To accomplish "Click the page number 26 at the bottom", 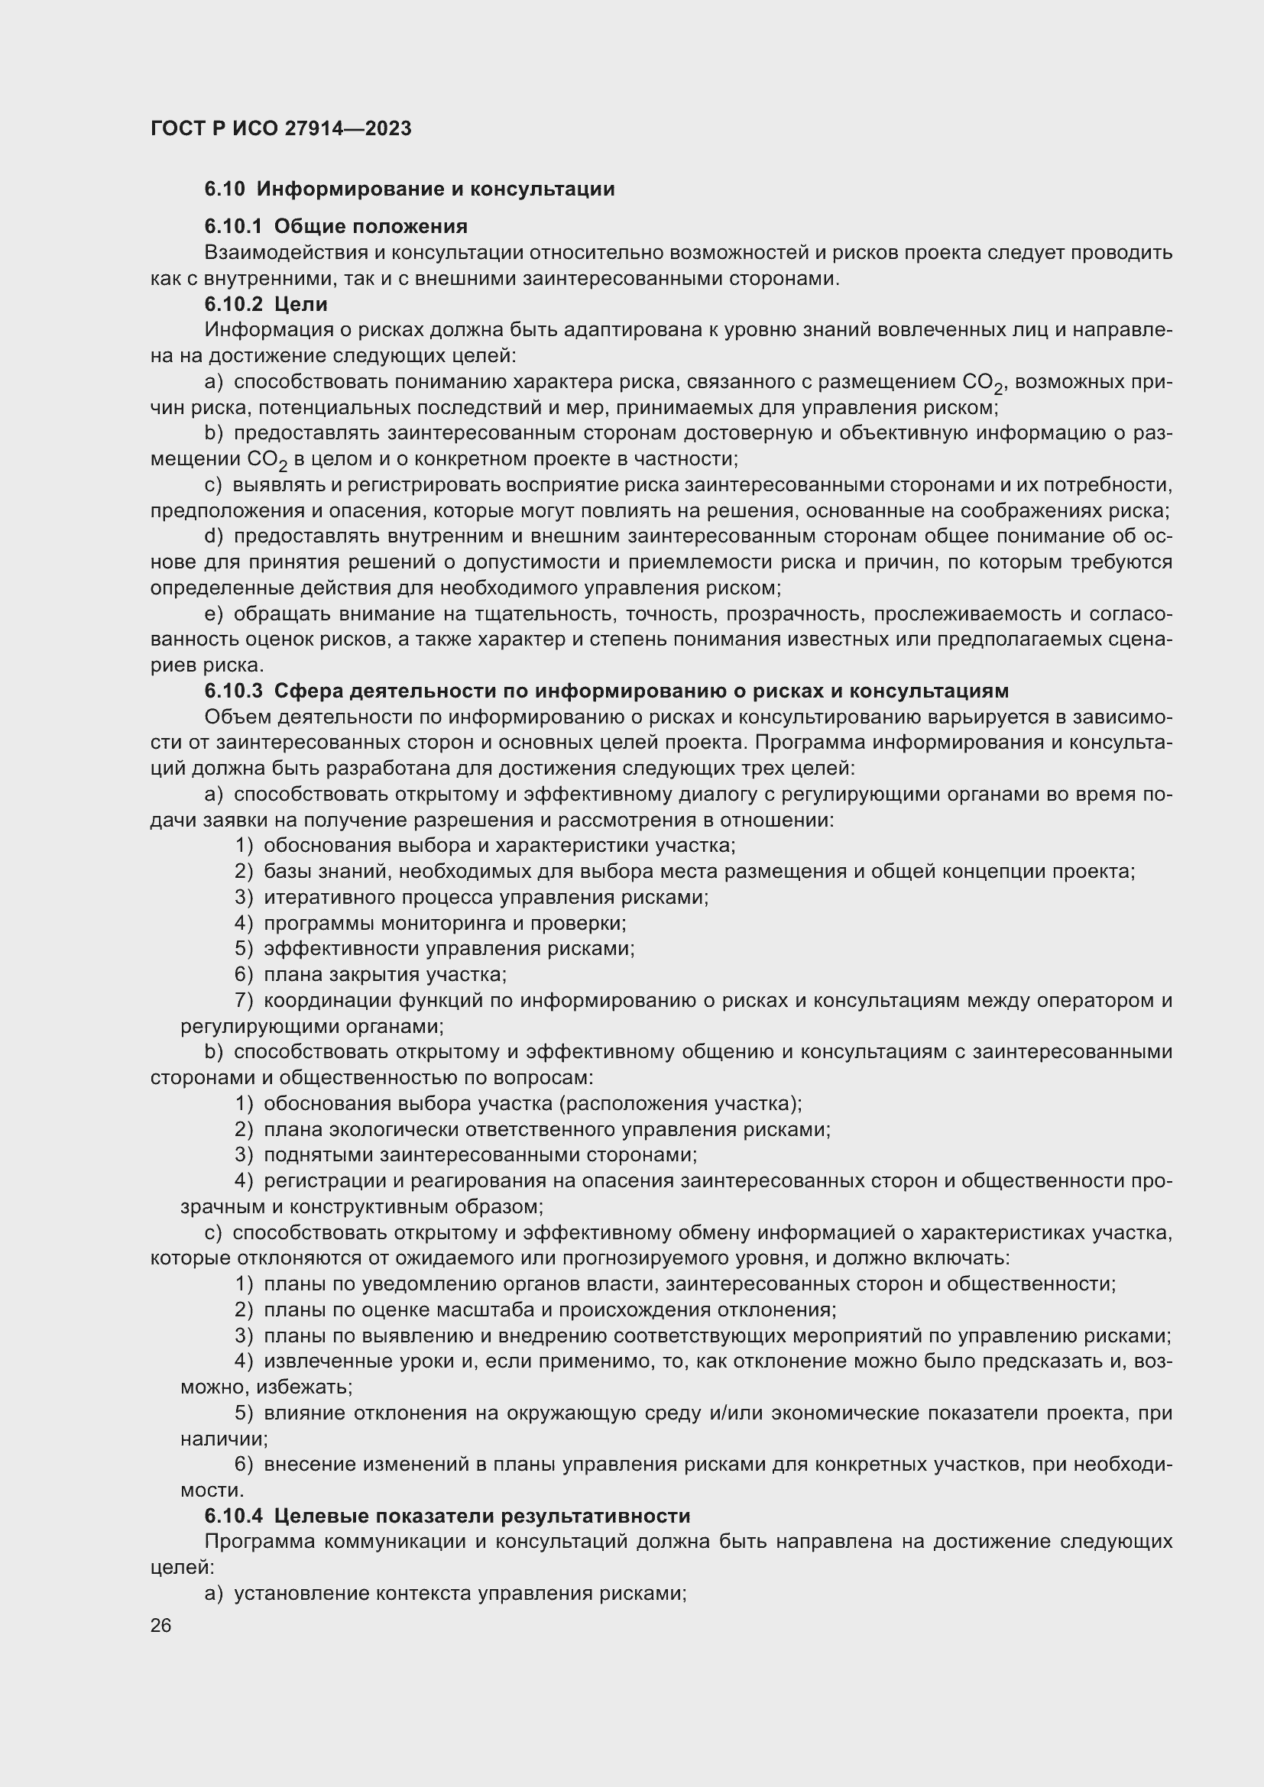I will (x=160, y=1625).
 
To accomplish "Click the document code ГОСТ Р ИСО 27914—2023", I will (x=280, y=128).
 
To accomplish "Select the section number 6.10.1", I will (x=234, y=226).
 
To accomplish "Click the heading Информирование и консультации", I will (x=435, y=189).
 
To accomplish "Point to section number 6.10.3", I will (x=234, y=691).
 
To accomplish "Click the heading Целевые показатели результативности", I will (x=481, y=1515).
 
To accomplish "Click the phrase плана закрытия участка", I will (x=384, y=974).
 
